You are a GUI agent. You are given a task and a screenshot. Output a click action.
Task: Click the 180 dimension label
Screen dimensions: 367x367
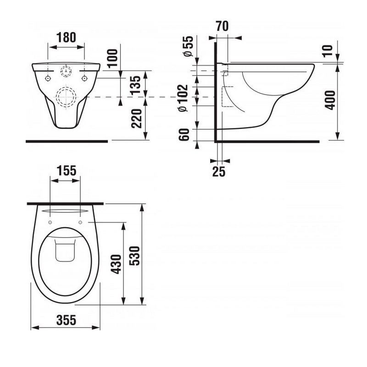(66, 38)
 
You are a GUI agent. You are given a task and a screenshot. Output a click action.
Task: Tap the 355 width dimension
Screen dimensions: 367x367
(66, 320)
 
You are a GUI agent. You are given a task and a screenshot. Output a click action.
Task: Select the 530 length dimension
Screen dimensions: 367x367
(135, 256)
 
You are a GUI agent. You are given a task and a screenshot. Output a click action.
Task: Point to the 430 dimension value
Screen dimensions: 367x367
(116, 264)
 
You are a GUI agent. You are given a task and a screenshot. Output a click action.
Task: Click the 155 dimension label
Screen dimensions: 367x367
(67, 171)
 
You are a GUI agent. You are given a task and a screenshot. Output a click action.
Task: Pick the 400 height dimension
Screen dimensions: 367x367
(330, 100)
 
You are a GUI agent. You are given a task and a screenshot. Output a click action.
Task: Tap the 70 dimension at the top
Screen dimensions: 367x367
(222, 26)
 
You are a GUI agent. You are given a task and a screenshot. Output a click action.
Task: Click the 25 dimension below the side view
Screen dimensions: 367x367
(219, 172)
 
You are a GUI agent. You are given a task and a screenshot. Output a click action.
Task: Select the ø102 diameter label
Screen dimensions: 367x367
(183, 98)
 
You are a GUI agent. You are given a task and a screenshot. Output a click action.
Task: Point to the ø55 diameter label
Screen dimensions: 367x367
(189, 46)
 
